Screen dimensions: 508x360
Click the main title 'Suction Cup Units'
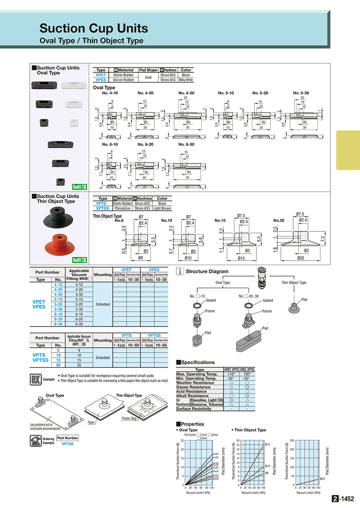(x=94, y=28)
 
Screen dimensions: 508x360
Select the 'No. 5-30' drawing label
(x=301, y=93)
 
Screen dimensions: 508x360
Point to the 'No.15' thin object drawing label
(x=220, y=220)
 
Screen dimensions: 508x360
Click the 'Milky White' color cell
(x=186, y=80)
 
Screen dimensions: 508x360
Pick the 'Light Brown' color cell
(x=162, y=208)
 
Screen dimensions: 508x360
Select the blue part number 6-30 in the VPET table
(x=58, y=324)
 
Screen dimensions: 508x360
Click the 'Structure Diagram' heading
(x=207, y=271)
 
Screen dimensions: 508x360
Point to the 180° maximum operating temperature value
(x=247, y=374)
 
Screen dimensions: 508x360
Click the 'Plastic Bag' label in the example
(x=129, y=418)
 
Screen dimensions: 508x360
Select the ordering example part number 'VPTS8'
(x=68, y=444)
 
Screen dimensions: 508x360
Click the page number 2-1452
(x=343, y=499)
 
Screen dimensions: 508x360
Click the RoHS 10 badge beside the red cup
(x=80, y=260)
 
